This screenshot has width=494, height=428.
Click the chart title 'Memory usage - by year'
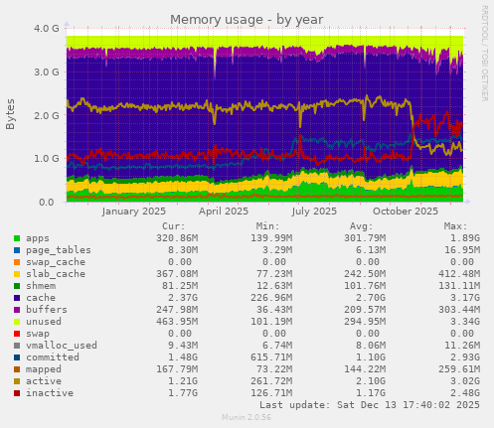pos(247,19)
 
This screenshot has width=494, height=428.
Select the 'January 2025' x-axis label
pos(134,212)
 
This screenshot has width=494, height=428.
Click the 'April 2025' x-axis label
pos(224,212)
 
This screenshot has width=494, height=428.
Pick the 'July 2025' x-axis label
pos(314,212)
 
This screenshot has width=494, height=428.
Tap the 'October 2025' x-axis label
pos(405,212)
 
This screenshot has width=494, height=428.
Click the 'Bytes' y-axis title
pos(11,114)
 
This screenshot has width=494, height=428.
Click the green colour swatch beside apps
pos(17,238)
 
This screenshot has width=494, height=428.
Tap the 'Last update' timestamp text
pos(369,405)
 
